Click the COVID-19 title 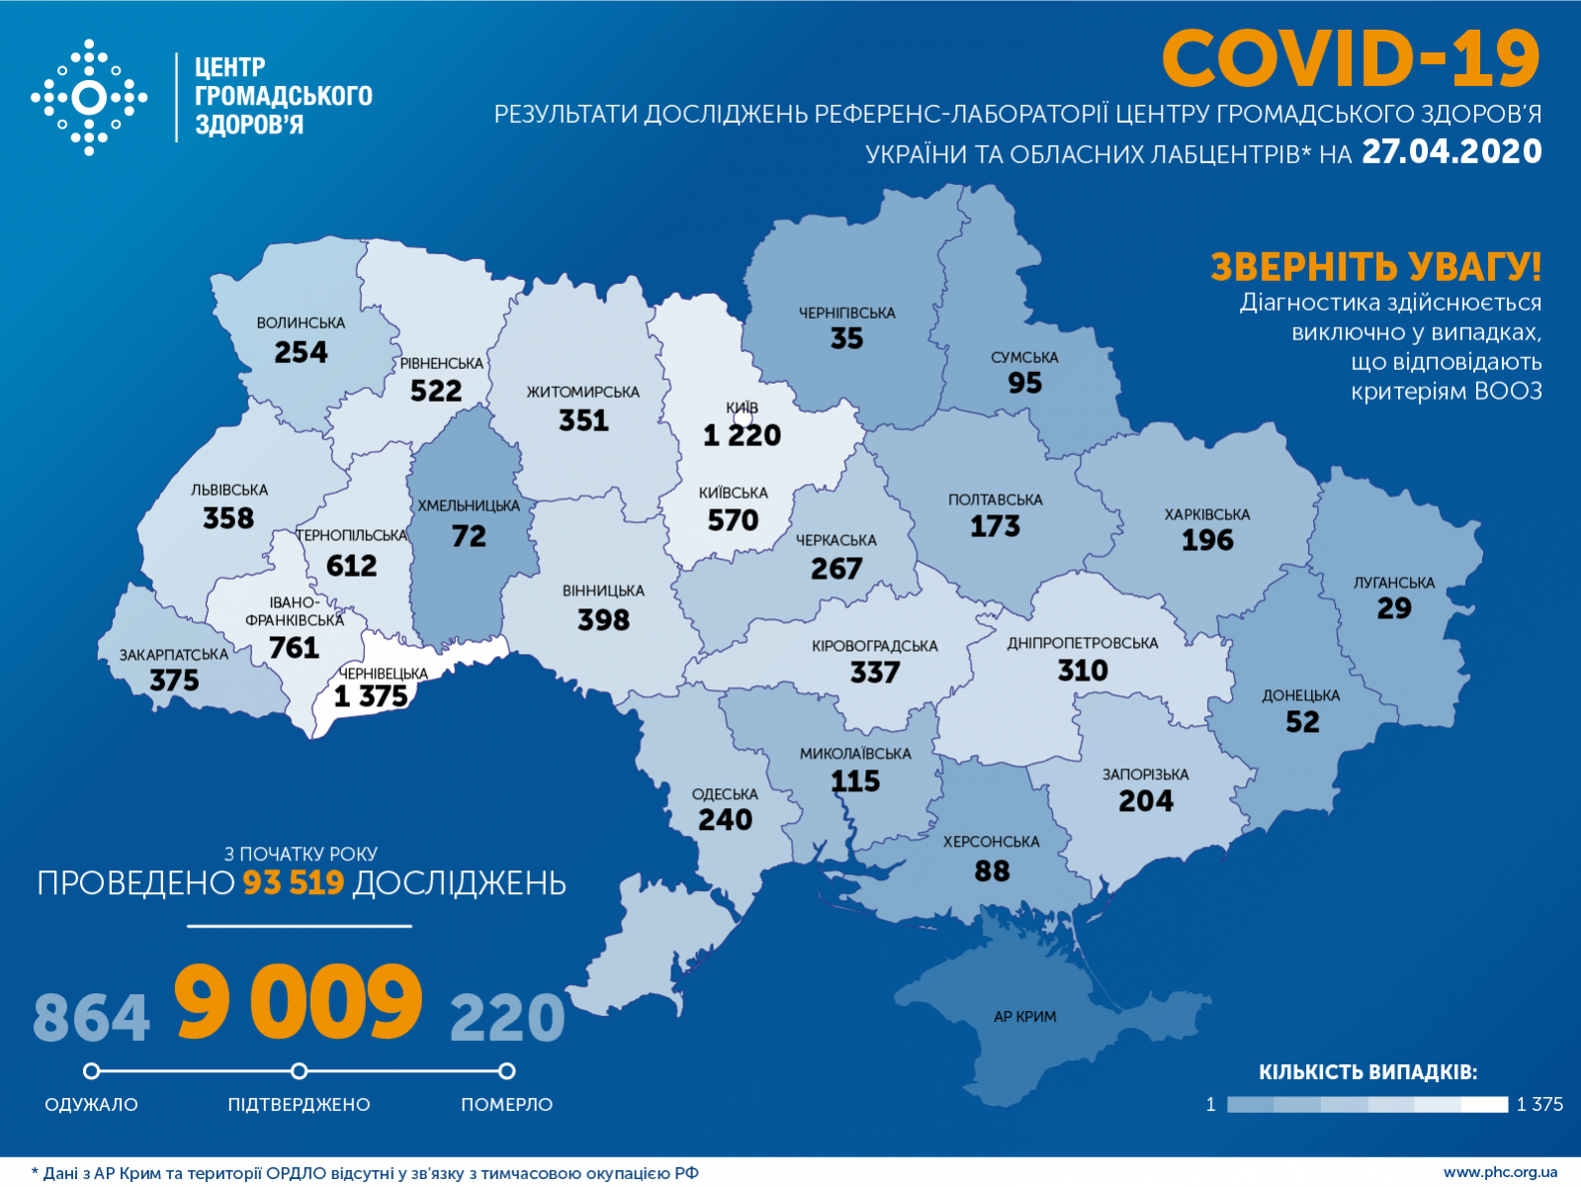[x=1350, y=59]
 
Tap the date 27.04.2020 [x=1451, y=151]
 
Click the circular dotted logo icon [x=89, y=98]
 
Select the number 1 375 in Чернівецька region [x=371, y=696]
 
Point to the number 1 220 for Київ [x=742, y=435]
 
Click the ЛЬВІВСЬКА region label [x=229, y=490]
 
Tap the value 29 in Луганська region [x=1394, y=608]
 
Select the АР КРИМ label [x=1024, y=1017]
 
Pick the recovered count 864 [x=91, y=1018]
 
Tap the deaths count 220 [x=507, y=1018]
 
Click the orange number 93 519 [x=294, y=882]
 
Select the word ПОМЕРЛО [x=506, y=1104]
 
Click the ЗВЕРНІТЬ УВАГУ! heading [x=1375, y=267]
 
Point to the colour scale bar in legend [x=1366, y=1104]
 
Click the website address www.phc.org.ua [x=1500, y=1172]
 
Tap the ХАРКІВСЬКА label [x=1206, y=514]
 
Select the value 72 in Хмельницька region [x=469, y=536]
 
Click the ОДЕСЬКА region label [x=725, y=794]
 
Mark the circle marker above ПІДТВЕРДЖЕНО [x=299, y=1071]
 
